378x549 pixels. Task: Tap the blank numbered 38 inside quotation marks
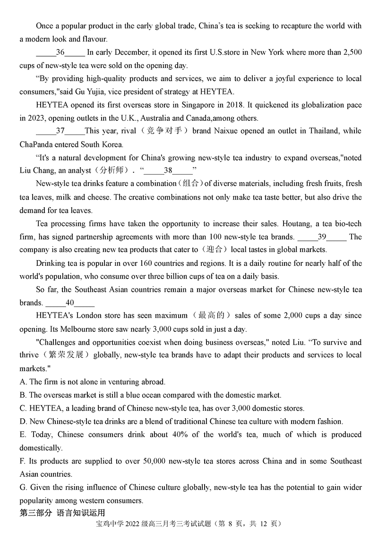tap(168, 170)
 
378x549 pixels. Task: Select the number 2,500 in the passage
tap(352, 52)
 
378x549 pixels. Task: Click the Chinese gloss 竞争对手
tap(164, 131)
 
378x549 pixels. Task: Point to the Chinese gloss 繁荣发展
tap(67, 355)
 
